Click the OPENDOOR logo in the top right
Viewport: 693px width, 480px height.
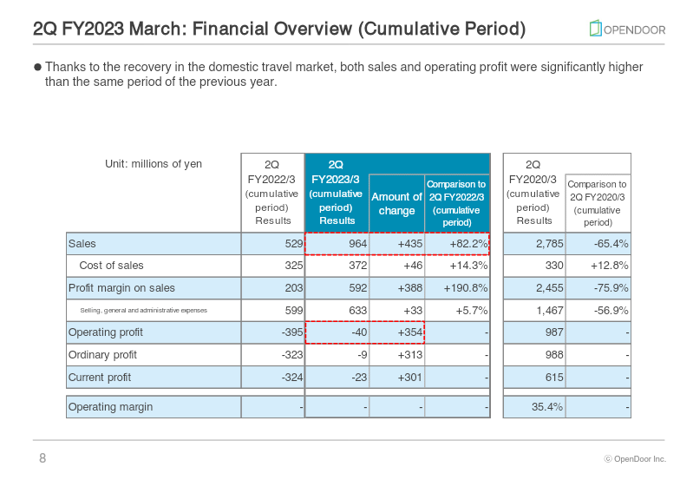coord(627,29)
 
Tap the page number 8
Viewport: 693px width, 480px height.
coord(42,458)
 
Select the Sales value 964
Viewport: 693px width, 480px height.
coord(358,244)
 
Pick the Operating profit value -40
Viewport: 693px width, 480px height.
coord(359,332)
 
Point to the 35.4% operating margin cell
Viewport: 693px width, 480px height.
coord(547,406)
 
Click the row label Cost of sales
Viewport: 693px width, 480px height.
coord(111,266)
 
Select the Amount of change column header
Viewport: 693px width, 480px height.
coord(397,203)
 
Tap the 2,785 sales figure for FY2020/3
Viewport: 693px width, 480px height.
coord(550,244)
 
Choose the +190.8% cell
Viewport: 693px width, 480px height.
coord(466,288)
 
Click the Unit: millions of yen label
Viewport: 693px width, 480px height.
coord(154,164)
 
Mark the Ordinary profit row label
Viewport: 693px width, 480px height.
coord(102,355)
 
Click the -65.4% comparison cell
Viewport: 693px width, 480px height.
coord(611,244)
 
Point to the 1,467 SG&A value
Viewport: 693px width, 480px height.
coord(550,311)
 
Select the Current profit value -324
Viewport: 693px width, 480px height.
coord(292,378)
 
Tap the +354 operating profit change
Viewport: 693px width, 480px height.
coord(410,332)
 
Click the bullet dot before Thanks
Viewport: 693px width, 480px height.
coord(37,67)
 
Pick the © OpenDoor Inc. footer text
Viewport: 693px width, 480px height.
coord(635,459)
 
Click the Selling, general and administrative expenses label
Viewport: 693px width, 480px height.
coord(144,310)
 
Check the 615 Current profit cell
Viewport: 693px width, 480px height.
coord(554,378)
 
